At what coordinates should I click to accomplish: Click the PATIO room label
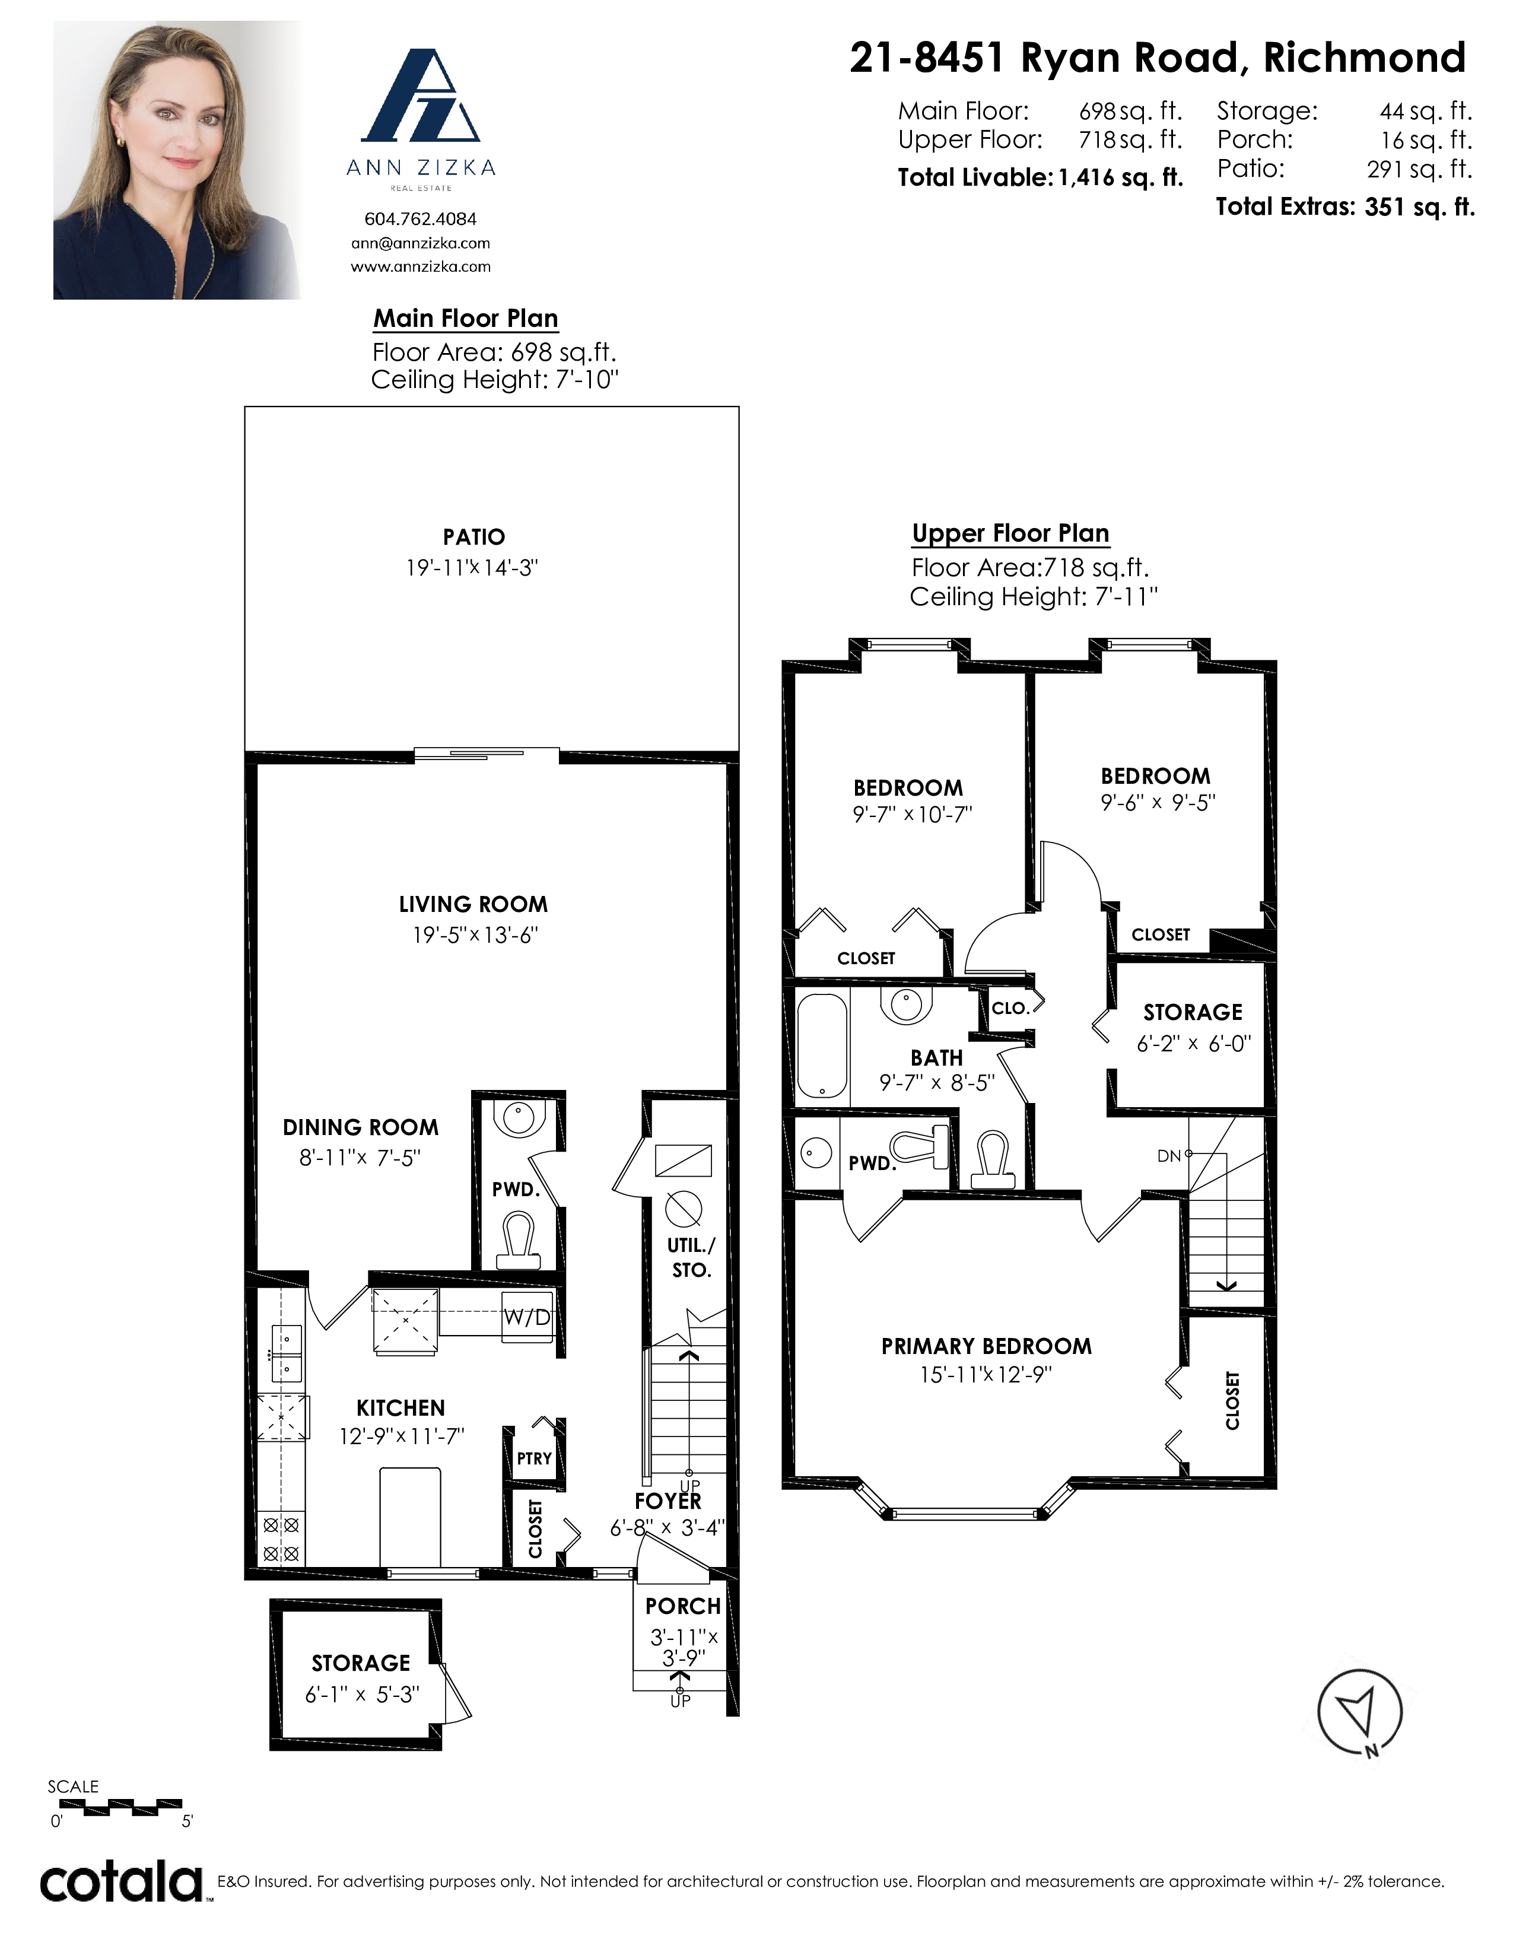coord(473,537)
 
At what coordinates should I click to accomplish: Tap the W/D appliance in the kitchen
coord(527,1317)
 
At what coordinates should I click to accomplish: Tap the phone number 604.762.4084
coord(421,219)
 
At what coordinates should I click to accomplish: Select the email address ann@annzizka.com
coord(421,243)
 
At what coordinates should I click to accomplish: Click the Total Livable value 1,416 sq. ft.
coord(1120,177)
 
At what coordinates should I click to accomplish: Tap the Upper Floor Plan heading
coord(1010,533)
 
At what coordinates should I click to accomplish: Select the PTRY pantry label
coord(534,1458)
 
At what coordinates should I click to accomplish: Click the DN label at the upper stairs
coord(1169,1156)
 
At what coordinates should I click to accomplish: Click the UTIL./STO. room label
coord(691,1257)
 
